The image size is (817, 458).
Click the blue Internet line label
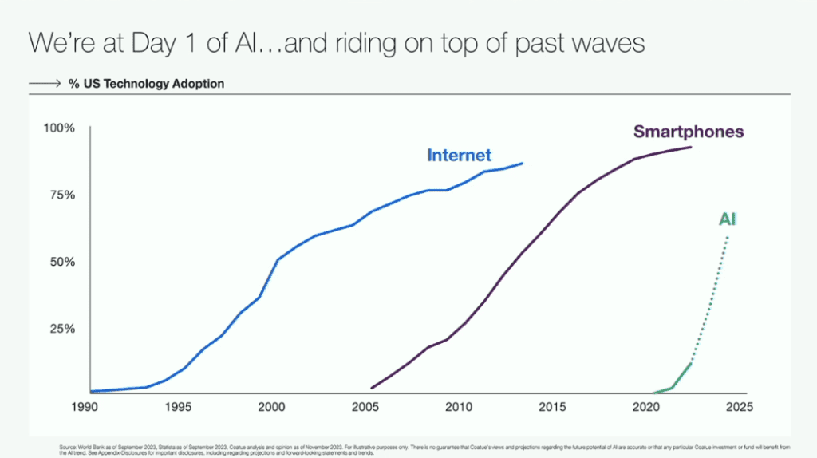459,155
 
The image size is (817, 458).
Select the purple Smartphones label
689,132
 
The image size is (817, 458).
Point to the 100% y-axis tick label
59,128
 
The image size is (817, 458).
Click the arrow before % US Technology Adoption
43,83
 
